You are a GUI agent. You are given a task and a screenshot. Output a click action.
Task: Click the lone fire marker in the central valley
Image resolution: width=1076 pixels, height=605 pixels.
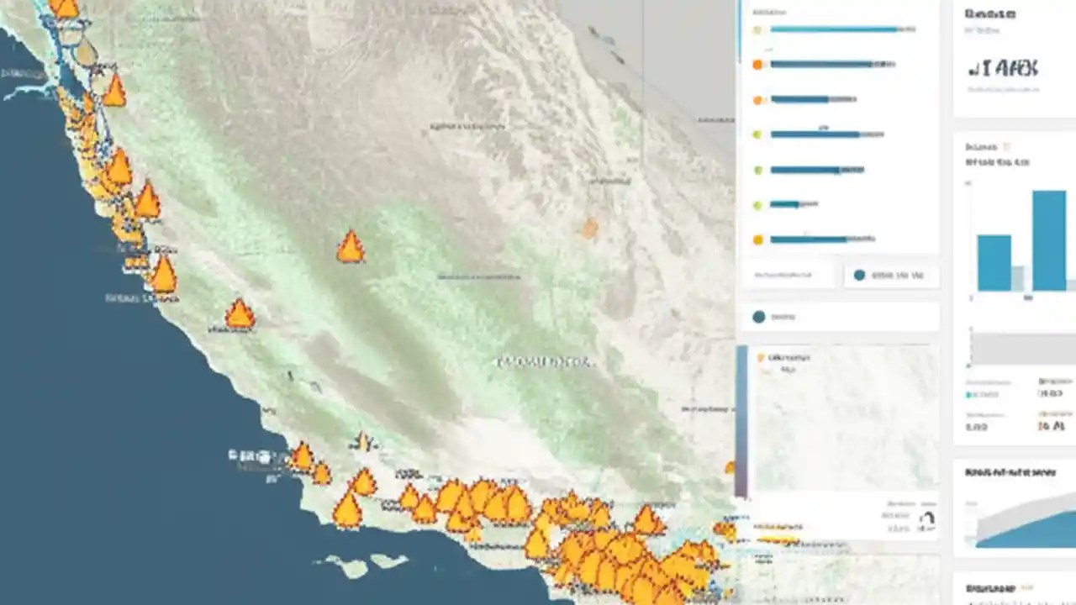pos(351,247)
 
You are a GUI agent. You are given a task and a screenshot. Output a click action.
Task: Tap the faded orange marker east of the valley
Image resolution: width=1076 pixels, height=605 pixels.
pos(589,227)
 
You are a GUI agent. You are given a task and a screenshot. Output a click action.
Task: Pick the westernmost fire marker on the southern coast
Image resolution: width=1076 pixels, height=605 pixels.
pos(301,457)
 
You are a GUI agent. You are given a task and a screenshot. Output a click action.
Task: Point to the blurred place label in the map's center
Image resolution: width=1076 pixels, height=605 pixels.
pos(545,362)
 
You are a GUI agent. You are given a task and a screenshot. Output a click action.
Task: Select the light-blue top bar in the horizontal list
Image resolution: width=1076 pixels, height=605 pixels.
pos(833,29)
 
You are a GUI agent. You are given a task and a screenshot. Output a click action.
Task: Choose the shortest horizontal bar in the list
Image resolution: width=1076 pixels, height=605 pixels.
pos(784,204)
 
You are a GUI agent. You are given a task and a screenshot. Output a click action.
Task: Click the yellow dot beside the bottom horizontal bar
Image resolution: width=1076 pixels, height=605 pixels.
pos(758,239)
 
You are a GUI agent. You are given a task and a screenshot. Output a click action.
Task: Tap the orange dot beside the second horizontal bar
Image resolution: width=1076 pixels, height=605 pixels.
pos(758,64)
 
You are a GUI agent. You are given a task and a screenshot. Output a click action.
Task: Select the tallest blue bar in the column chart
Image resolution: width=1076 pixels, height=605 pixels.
pos(1048,240)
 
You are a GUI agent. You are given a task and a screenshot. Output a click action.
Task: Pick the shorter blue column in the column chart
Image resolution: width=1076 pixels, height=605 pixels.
pos(994,262)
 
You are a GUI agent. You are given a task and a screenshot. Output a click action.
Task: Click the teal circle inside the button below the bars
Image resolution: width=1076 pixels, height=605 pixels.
pos(858,275)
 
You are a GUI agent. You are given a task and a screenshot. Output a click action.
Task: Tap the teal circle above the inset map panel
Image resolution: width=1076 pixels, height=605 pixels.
pos(759,317)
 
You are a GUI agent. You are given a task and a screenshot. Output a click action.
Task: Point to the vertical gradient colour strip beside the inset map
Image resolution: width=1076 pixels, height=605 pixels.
pos(741,420)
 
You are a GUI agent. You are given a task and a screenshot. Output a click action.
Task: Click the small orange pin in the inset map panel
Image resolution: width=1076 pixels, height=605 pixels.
pos(762,358)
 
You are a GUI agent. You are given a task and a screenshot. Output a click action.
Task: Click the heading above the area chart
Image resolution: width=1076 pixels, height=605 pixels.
pos(1010,473)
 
